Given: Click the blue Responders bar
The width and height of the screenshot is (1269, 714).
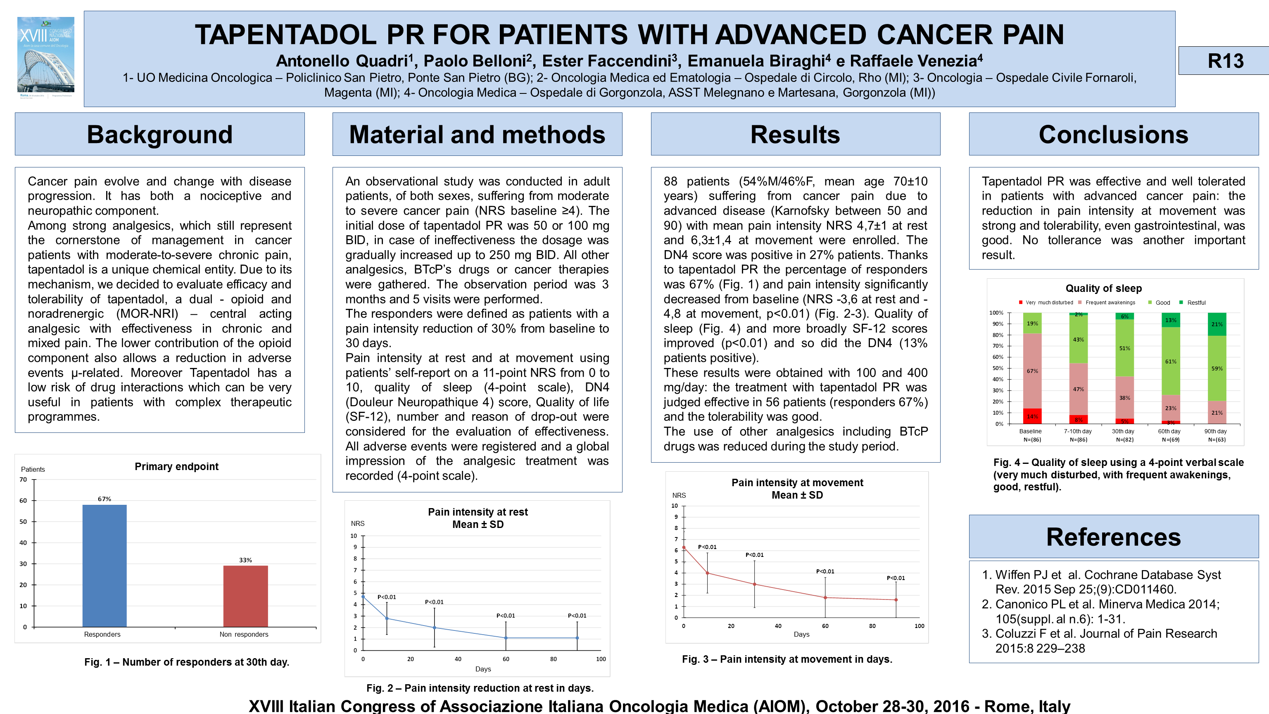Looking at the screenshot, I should [x=104, y=566].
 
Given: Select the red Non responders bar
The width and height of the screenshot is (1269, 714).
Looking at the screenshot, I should [x=245, y=596].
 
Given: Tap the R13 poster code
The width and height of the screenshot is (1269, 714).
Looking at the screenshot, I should [x=1225, y=61].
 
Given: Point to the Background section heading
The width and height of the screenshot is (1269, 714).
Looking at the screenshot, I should [x=159, y=135].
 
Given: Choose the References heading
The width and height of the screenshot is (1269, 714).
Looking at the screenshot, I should [x=1113, y=537].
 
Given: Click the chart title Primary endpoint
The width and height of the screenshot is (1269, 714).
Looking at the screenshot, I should [x=176, y=466].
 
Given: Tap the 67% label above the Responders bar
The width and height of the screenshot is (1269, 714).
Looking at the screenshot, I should [x=105, y=499].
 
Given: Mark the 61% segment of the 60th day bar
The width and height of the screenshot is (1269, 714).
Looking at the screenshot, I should [x=1170, y=361].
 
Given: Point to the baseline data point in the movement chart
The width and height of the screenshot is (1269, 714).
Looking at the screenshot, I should [x=684, y=547].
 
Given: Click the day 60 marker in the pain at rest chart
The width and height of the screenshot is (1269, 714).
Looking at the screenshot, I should [x=506, y=638].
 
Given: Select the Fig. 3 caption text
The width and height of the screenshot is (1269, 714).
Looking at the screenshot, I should [x=787, y=659].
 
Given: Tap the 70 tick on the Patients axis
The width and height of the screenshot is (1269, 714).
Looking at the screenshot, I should [x=23, y=479].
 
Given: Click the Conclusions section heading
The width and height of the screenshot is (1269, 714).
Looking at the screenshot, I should [x=1113, y=135].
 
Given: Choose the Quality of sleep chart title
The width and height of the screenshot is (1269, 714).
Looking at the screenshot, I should [x=1103, y=289].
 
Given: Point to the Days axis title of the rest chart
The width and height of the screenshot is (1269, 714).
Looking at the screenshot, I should [x=483, y=669].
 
